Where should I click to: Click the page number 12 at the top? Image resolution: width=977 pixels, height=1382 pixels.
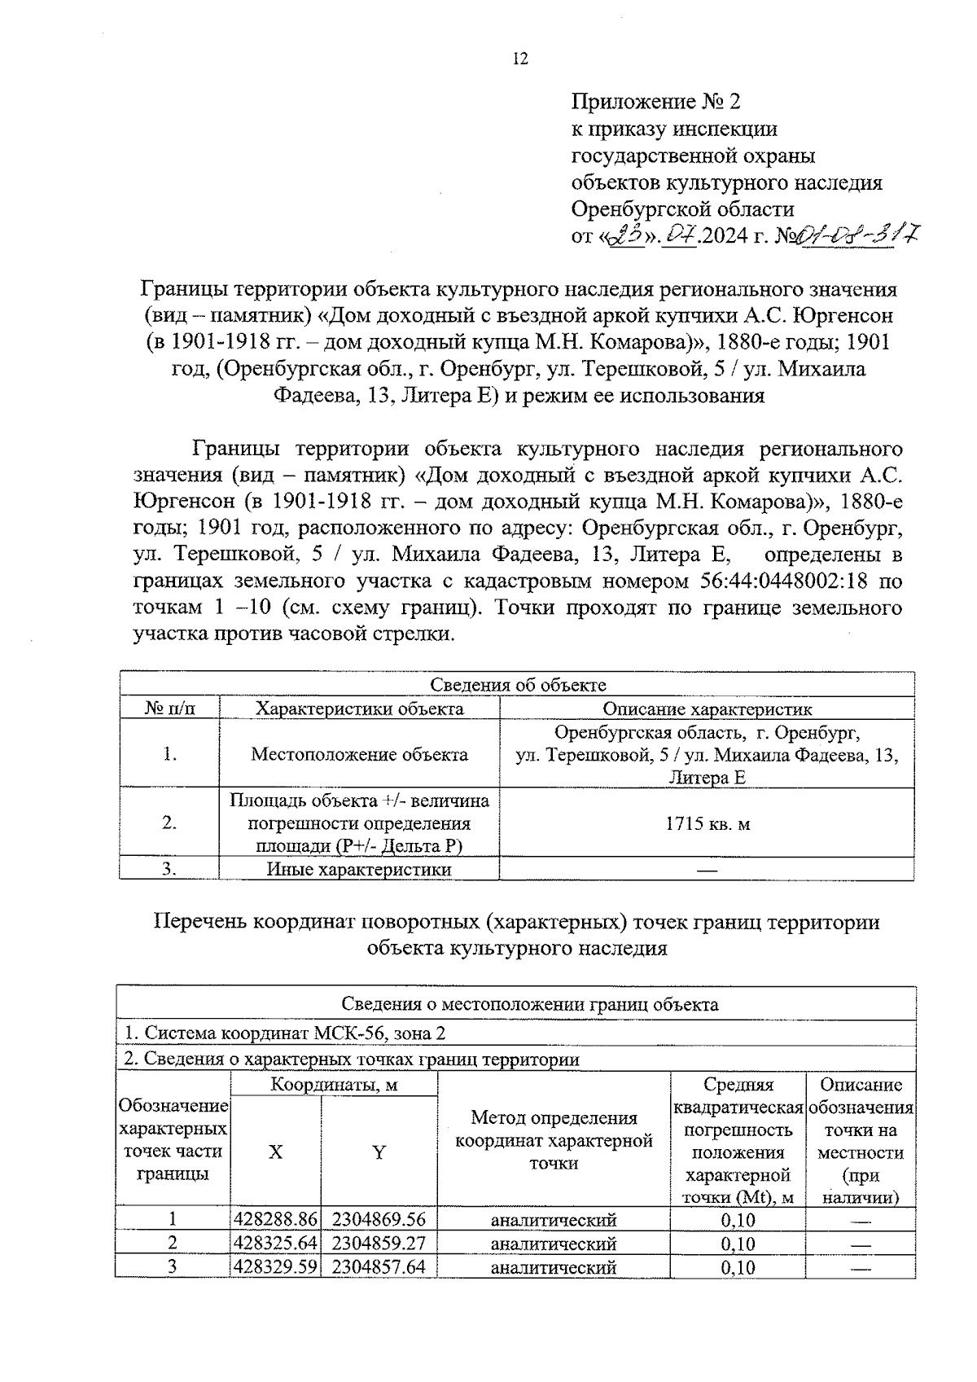tap(520, 59)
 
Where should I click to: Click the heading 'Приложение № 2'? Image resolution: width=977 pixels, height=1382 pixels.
tap(656, 102)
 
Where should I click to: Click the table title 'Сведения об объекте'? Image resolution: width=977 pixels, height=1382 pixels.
tap(517, 685)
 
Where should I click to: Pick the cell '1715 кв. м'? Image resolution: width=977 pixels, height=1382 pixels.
tap(707, 823)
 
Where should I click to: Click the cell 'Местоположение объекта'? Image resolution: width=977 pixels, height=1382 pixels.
tap(359, 754)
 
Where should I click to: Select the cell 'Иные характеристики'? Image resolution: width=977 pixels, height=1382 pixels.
tap(359, 870)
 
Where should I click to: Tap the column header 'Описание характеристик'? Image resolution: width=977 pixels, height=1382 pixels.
tap(707, 709)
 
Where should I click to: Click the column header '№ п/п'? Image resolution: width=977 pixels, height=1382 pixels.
tap(169, 709)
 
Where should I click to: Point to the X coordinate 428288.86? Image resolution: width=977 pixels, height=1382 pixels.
tap(275, 1220)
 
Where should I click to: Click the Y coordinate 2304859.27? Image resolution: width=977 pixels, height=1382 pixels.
tap(379, 1244)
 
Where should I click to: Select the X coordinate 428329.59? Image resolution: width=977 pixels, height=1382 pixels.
tap(275, 1267)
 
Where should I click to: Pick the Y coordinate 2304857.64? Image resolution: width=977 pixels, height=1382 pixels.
tap(379, 1267)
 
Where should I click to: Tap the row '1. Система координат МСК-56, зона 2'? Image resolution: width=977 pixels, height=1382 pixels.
tap(285, 1033)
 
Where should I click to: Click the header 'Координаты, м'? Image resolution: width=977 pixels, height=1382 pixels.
tap(334, 1085)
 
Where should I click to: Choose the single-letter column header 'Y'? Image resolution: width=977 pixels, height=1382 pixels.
tap(379, 1152)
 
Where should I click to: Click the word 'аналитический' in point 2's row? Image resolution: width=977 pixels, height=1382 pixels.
tap(554, 1244)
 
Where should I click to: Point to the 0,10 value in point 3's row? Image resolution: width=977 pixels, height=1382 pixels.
tap(738, 1267)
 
